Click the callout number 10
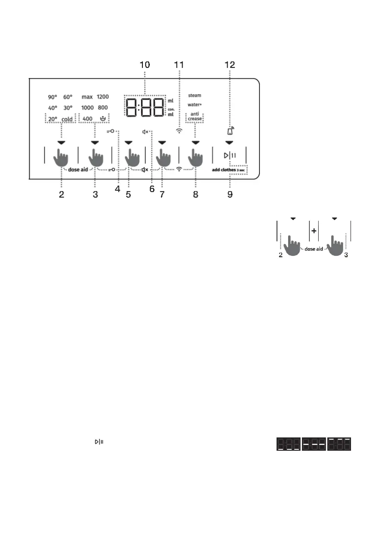point(145,65)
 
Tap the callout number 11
point(179,65)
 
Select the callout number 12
point(230,65)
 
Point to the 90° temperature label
point(52,97)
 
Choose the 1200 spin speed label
point(103,97)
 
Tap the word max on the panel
point(87,97)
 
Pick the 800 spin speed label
point(103,108)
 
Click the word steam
point(195,96)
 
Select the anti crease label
point(195,117)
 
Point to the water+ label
point(195,105)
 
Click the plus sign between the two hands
point(314,231)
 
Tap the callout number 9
point(230,194)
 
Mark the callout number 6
point(152,189)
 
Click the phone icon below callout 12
point(230,131)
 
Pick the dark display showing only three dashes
point(314,445)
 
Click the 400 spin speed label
point(87,119)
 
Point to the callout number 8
point(196,194)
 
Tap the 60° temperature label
point(68,97)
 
